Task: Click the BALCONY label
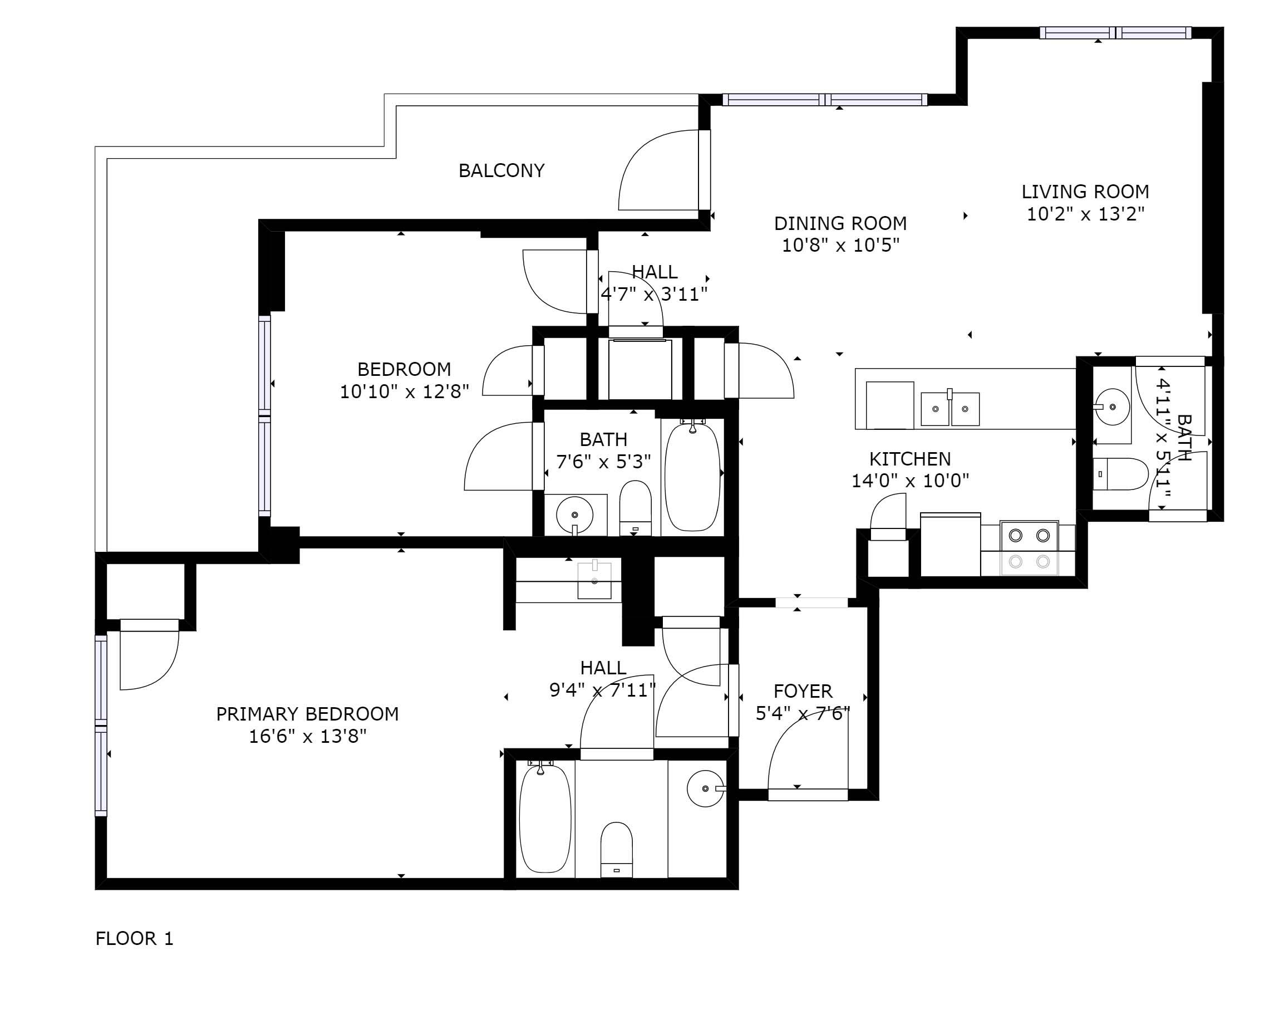click(501, 171)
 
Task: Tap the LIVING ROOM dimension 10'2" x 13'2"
click(1085, 214)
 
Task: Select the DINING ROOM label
click(840, 224)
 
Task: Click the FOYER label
click(803, 691)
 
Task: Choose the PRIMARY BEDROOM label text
click(307, 714)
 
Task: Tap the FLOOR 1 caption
click(134, 939)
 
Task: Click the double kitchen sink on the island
click(950, 409)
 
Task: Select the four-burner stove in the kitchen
click(1029, 548)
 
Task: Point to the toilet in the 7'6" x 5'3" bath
click(635, 508)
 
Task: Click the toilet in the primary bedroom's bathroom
click(617, 849)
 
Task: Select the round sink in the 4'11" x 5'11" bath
click(1111, 406)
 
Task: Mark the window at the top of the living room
click(1115, 33)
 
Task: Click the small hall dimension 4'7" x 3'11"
click(654, 294)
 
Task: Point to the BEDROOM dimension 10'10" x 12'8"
click(404, 392)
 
